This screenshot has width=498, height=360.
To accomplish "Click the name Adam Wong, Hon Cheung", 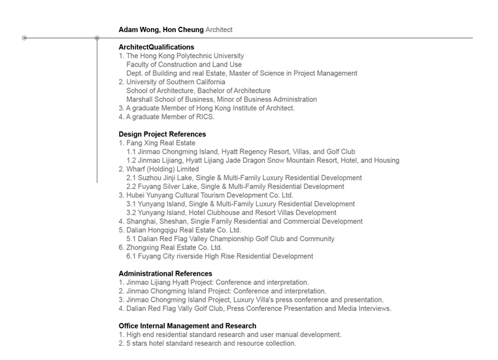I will click(161, 29).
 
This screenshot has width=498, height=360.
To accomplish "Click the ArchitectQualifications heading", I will click(156, 47).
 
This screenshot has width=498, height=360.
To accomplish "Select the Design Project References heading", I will click(162, 134).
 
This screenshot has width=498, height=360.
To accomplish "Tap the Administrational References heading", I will click(165, 274).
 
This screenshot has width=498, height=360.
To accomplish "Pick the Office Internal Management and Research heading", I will click(187, 326).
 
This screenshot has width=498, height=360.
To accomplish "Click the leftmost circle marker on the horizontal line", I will click(25, 38).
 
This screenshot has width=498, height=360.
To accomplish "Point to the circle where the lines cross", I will click(97, 38).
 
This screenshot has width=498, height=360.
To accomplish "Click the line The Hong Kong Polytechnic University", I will click(185, 56).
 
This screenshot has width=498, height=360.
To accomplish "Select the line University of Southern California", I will click(175, 82).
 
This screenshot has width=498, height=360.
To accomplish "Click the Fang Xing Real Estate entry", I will click(160, 143).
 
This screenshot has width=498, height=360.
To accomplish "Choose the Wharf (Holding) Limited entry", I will click(162, 169).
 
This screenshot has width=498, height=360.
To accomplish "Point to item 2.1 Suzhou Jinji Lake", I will click(244, 178).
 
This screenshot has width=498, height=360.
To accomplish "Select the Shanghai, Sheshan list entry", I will click(241, 221).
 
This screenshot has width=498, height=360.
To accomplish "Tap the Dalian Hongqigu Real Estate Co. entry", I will click(180, 230).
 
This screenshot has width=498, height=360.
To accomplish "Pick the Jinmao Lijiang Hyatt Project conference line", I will click(214, 282).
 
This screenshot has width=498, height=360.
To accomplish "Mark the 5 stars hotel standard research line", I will click(207, 343).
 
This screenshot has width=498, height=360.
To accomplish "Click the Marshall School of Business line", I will click(222, 99).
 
